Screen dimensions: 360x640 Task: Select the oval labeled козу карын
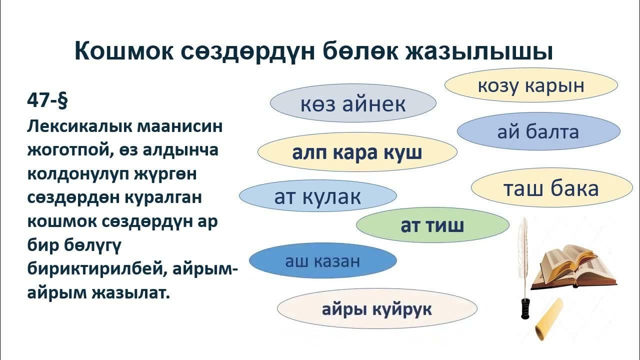pos(531,85)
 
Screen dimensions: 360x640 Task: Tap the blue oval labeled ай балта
pos(538,131)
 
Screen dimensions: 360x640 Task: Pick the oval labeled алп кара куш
pos(357,152)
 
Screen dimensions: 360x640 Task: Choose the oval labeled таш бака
pos(550,188)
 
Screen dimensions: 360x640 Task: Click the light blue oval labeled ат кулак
pos(317,196)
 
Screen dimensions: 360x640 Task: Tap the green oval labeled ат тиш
pos(432,225)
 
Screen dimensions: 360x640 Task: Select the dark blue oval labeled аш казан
pos(322,260)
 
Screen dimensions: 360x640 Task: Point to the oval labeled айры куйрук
pos(377,309)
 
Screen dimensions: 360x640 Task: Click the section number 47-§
pos(47,100)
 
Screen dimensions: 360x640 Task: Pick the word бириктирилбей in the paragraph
pos(96,269)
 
